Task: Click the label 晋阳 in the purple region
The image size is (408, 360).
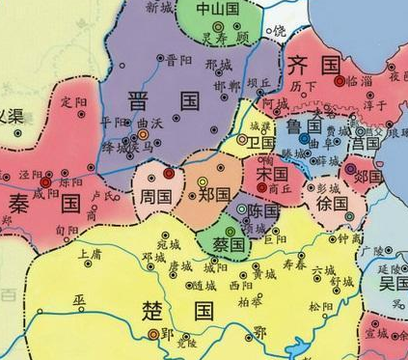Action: coord(178,59)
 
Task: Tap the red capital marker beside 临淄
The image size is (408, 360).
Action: coord(340,82)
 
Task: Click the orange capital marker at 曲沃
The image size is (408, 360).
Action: coord(144,136)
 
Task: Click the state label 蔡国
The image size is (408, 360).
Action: coord(230,244)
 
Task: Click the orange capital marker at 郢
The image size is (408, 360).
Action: coord(152,334)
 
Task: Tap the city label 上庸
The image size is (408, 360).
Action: coord(89,254)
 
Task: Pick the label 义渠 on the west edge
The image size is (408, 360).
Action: coord(12,116)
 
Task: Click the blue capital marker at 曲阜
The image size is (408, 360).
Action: coord(303,139)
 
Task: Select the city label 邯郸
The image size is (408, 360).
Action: coord(228,85)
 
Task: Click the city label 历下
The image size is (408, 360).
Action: coord(302,85)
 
